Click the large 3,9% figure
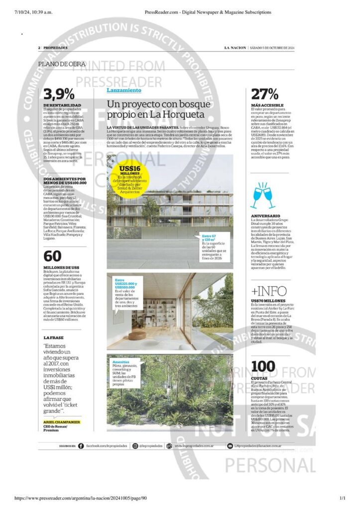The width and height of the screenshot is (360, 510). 59,94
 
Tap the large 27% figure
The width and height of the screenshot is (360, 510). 265,94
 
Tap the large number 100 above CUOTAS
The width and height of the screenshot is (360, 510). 263,366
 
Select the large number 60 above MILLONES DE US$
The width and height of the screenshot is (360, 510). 52,256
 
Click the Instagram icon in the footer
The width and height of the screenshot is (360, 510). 135,446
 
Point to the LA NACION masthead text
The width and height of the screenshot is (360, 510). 235,48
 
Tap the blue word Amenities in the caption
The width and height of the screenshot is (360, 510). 121,362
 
